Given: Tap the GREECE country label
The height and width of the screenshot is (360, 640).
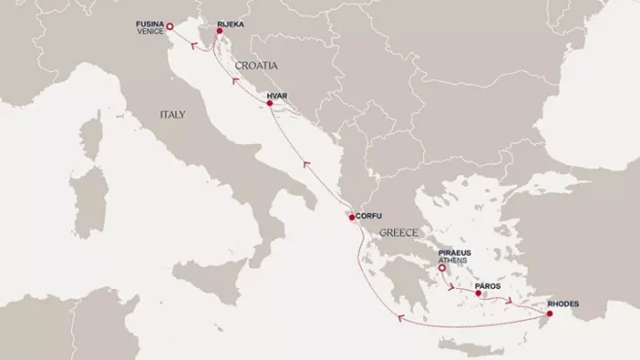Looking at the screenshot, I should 400,234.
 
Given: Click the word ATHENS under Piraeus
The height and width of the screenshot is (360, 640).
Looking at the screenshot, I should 454,260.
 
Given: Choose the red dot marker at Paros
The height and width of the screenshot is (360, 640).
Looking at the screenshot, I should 478,292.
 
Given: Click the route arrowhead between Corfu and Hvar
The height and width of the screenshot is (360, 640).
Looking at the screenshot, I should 306,164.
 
